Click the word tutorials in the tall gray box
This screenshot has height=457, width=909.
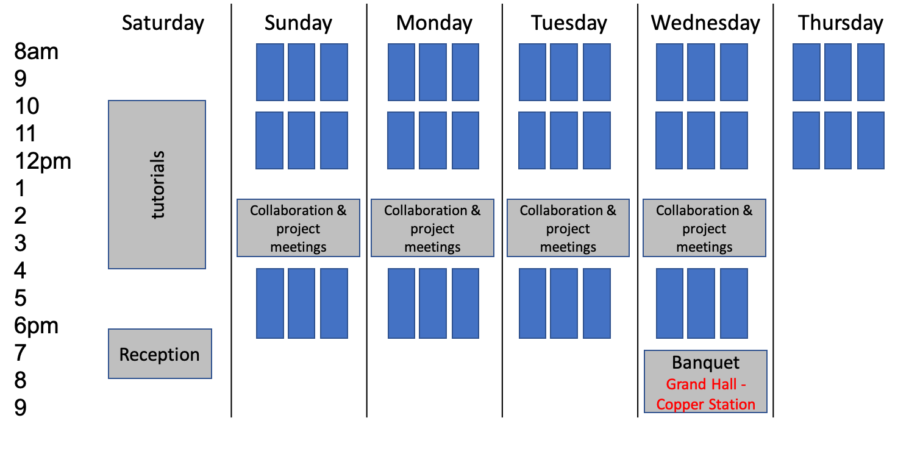pyautogui.click(x=159, y=185)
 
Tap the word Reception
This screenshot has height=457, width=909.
pyautogui.click(x=159, y=355)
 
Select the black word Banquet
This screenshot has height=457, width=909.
pyautogui.click(x=705, y=363)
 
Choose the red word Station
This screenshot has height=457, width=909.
pyautogui.click(x=730, y=405)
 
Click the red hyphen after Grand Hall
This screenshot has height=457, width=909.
pyautogui.click(x=743, y=385)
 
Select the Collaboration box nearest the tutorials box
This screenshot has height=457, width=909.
pyautogui.click(x=298, y=228)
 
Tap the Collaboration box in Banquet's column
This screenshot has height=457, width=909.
pyautogui.click(x=704, y=228)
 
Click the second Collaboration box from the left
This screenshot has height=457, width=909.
pyautogui.click(x=432, y=228)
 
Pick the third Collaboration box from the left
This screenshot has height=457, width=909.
pyautogui.click(x=568, y=228)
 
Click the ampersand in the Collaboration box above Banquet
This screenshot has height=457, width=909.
pyautogui.click(x=747, y=211)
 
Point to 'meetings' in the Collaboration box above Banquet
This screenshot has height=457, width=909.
pyautogui.click(x=704, y=247)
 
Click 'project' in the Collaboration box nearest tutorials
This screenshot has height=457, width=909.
pyautogui.click(x=298, y=229)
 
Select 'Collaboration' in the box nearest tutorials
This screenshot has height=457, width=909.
pyautogui.click(x=290, y=211)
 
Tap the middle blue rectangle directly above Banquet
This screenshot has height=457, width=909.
pyautogui.click(x=701, y=303)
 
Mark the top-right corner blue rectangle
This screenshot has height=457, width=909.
pyautogui.click(x=871, y=72)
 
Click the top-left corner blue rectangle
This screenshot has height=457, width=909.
pyautogui.click(x=269, y=72)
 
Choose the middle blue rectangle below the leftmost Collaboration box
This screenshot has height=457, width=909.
pyautogui.click(x=301, y=303)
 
